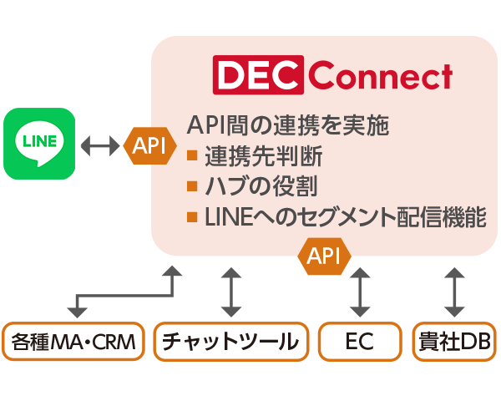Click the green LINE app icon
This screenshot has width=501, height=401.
pyautogui.click(x=39, y=144)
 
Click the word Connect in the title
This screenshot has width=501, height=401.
pyautogui.click(x=380, y=76)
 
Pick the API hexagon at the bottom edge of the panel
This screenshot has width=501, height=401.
pyautogui.click(x=324, y=256)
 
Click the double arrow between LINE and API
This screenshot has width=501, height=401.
pyautogui.click(x=100, y=145)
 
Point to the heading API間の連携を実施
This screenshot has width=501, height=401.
pyautogui.click(x=288, y=125)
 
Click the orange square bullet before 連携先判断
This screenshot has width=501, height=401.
pyautogui.click(x=192, y=156)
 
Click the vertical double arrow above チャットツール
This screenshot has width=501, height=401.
pyautogui.click(x=230, y=292)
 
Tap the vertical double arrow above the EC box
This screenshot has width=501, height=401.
pyautogui.click(x=359, y=292)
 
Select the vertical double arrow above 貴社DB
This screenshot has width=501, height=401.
pyautogui.click(x=455, y=292)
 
